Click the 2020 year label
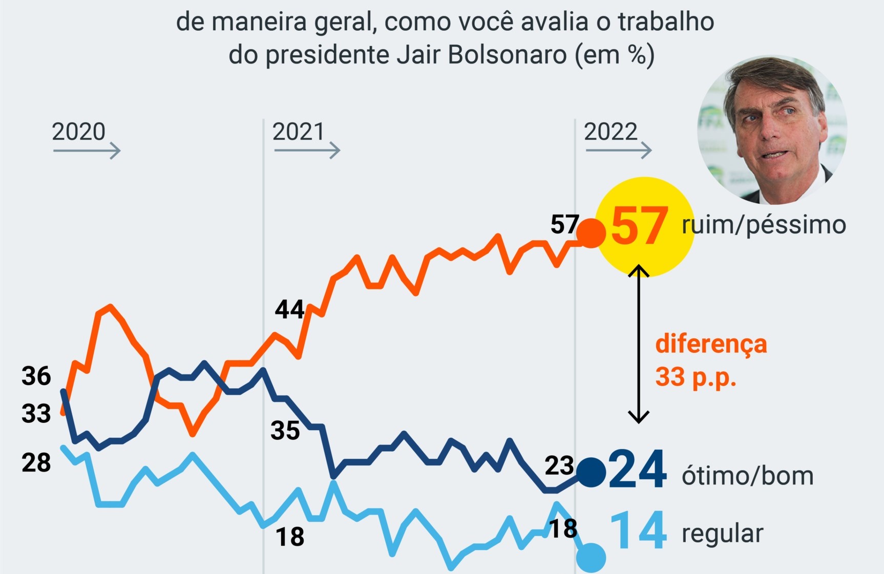(x=78, y=132)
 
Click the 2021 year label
(x=298, y=132)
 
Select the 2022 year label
(x=611, y=132)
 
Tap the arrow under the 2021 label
(x=307, y=150)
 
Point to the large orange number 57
(x=639, y=226)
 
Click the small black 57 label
(x=564, y=225)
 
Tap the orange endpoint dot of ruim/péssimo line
(x=591, y=233)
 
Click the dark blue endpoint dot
(x=591, y=472)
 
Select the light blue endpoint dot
(x=591, y=558)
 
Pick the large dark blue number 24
(x=638, y=470)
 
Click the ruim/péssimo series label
(x=763, y=225)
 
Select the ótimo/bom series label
(x=747, y=476)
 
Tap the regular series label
(x=722, y=534)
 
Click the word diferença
(x=711, y=344)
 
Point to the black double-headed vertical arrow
(x=639, y=344)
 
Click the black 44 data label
(x=289, y=309)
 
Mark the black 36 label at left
(x=36, y=376)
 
